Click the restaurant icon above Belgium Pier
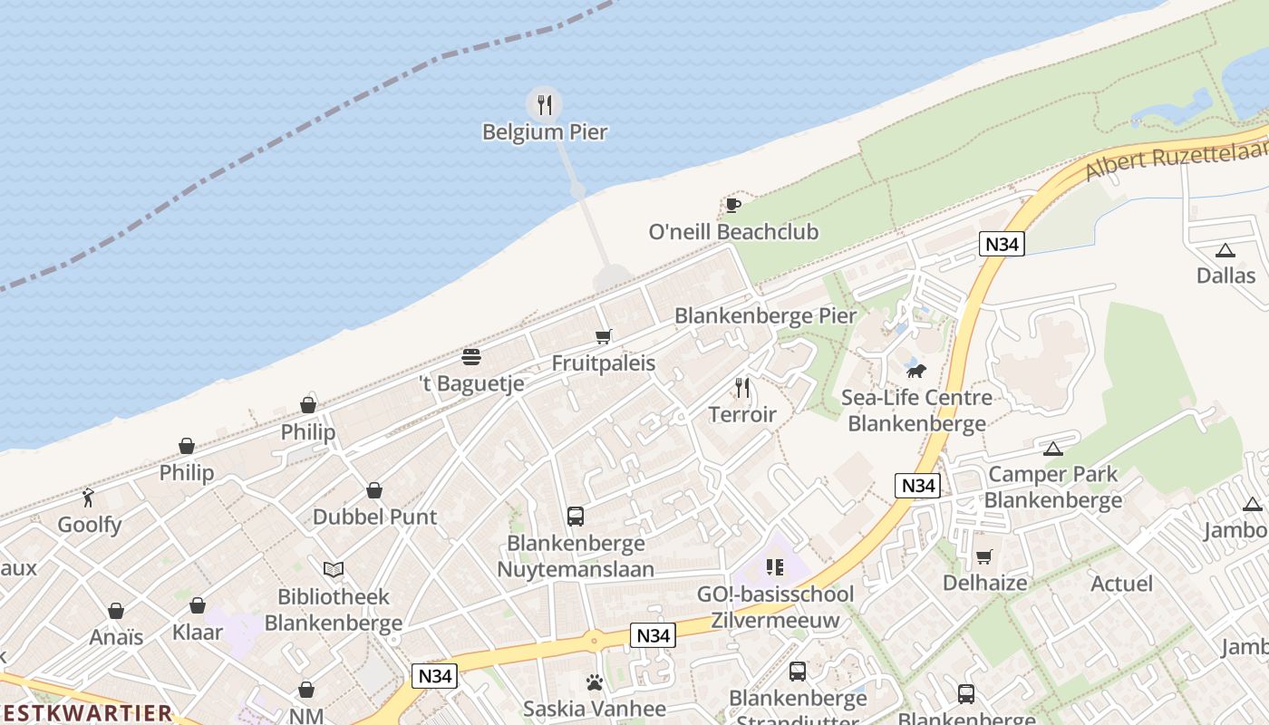544,105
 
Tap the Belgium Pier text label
544,132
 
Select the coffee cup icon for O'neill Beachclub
733,206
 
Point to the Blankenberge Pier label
765,316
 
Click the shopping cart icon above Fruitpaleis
604,337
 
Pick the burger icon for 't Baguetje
470,356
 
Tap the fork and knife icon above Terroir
742,388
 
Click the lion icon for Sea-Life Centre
916,371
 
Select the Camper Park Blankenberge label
1052,487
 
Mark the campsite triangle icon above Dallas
1225,250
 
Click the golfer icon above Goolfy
88,498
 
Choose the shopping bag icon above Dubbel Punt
373,490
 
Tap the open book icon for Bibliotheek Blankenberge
334,569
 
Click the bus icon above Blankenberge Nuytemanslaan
576,517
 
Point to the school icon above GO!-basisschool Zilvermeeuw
775,567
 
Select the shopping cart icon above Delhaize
984,556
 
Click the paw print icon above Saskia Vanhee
595,682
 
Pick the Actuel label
1121,584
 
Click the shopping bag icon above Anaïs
116,611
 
